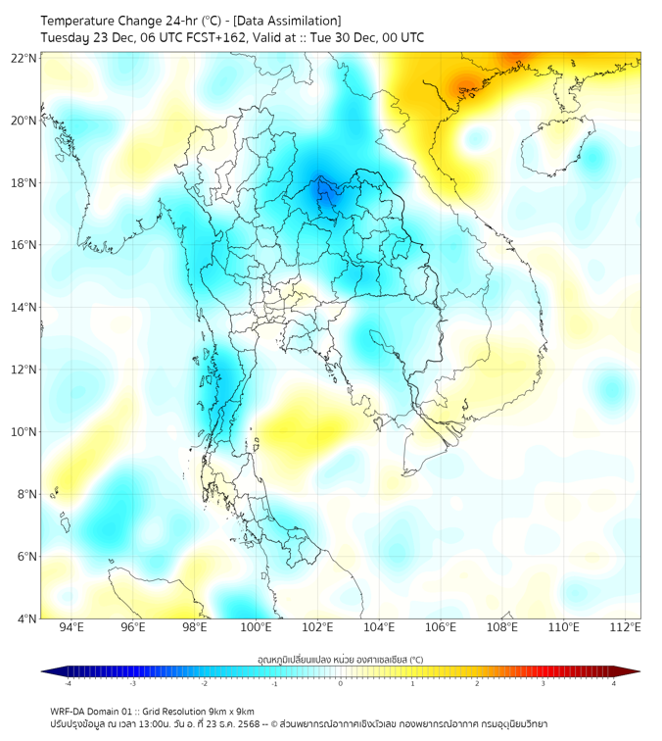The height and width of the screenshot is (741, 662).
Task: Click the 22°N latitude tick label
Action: point(24,59)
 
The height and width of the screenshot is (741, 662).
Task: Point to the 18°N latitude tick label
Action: point(24,183)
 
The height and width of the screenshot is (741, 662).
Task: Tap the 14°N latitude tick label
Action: point(24,308)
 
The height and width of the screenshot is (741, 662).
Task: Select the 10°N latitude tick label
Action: point(24,432)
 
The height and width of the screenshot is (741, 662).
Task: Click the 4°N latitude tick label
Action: point(26,618)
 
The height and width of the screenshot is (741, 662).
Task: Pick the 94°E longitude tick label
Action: point(71,627)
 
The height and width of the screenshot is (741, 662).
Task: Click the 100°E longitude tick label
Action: point(256,627)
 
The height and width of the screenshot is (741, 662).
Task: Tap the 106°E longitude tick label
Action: point(441,627)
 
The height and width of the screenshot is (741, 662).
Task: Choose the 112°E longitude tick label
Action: point(626,627)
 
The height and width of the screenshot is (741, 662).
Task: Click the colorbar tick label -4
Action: point(68,683)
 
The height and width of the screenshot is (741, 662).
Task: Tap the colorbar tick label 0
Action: point(340,683)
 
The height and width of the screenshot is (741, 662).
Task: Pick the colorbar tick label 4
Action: point(613,683)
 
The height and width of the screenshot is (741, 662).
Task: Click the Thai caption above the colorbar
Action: point(340,660)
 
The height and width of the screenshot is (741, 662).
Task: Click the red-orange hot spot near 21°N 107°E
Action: point(463,85)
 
